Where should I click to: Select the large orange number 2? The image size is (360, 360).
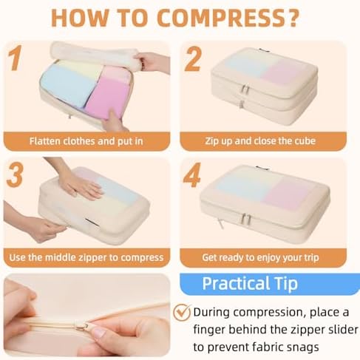coord(194,59)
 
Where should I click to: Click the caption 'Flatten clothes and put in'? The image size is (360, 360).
coord(86,140)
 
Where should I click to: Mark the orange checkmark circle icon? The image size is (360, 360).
coord(182,311)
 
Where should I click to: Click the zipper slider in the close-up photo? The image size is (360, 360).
coord(82,325)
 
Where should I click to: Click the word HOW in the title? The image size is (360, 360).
coord(78,19)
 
